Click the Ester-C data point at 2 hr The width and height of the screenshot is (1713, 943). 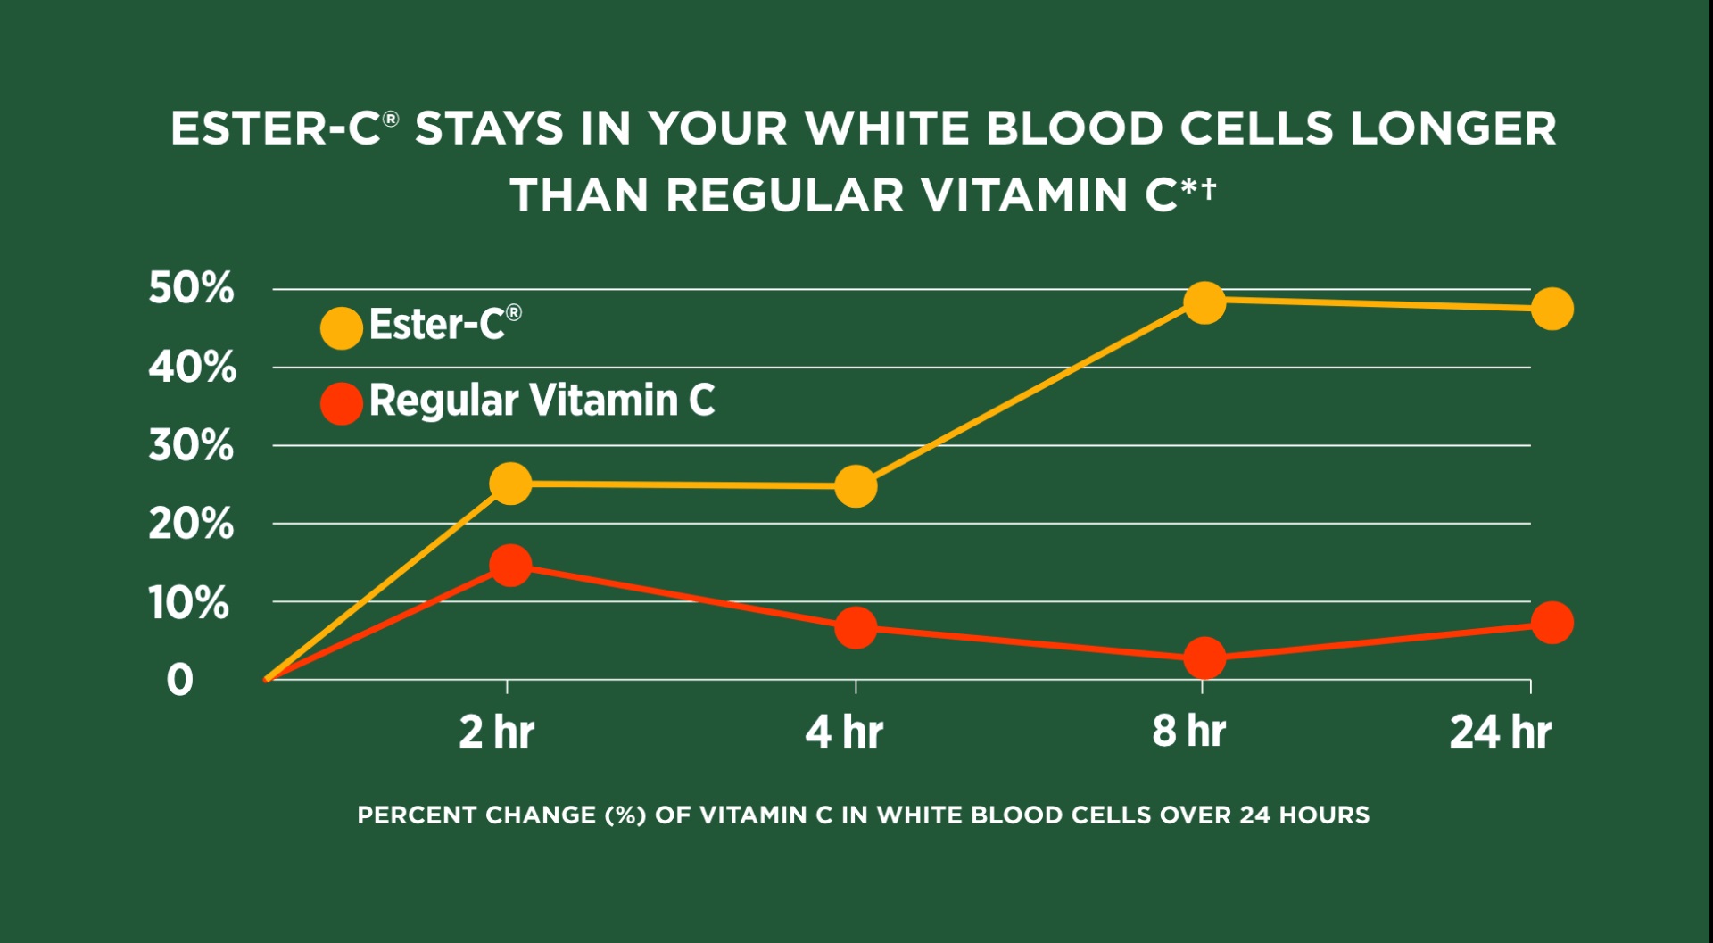(510, 484)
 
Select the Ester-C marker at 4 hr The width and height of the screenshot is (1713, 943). (856, 486)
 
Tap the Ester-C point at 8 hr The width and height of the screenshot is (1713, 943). (1204, 302)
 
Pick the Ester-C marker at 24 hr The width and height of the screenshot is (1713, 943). (1552, 309)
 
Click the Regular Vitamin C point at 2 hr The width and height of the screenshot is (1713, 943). (510, 565)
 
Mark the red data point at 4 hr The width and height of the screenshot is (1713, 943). (856, 628)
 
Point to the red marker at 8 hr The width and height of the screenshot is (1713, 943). (1204, 658)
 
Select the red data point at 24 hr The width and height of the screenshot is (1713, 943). (1552, 622)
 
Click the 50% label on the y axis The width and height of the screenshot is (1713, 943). (191, 288)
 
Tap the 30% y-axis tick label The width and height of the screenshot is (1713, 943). (191, 445)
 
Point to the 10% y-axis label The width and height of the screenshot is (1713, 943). (188, 603)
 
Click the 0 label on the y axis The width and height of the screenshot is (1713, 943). (179, 680)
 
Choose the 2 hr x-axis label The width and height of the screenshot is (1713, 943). (496, 732)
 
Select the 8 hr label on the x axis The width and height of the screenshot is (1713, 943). (1188, 732)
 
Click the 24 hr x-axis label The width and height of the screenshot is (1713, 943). (1501, 732)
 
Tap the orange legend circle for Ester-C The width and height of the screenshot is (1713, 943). (341, 327)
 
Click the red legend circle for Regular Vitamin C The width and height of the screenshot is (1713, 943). (341, 403)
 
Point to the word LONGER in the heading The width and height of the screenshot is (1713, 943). (1453, 128)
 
